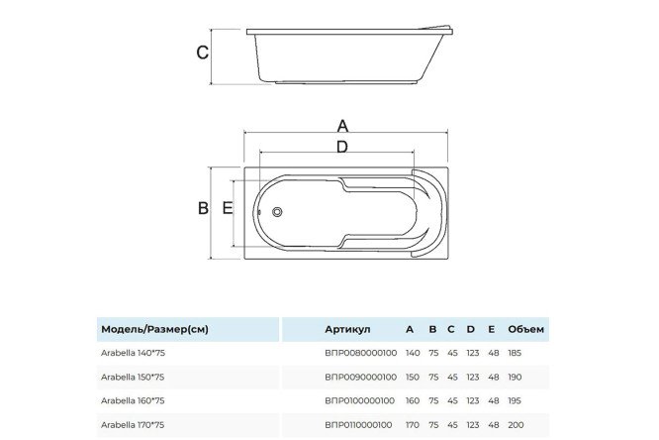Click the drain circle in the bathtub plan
[277, 212]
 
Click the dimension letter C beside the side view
[203, 53]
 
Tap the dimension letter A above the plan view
[343, 126]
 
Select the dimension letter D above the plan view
[342, 147]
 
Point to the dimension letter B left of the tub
[203, 208]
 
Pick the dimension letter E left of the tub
[227, 208]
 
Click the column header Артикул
[347, 329]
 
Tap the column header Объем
[525, 329]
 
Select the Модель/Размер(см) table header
[154, 329]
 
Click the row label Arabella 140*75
[133, 353]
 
